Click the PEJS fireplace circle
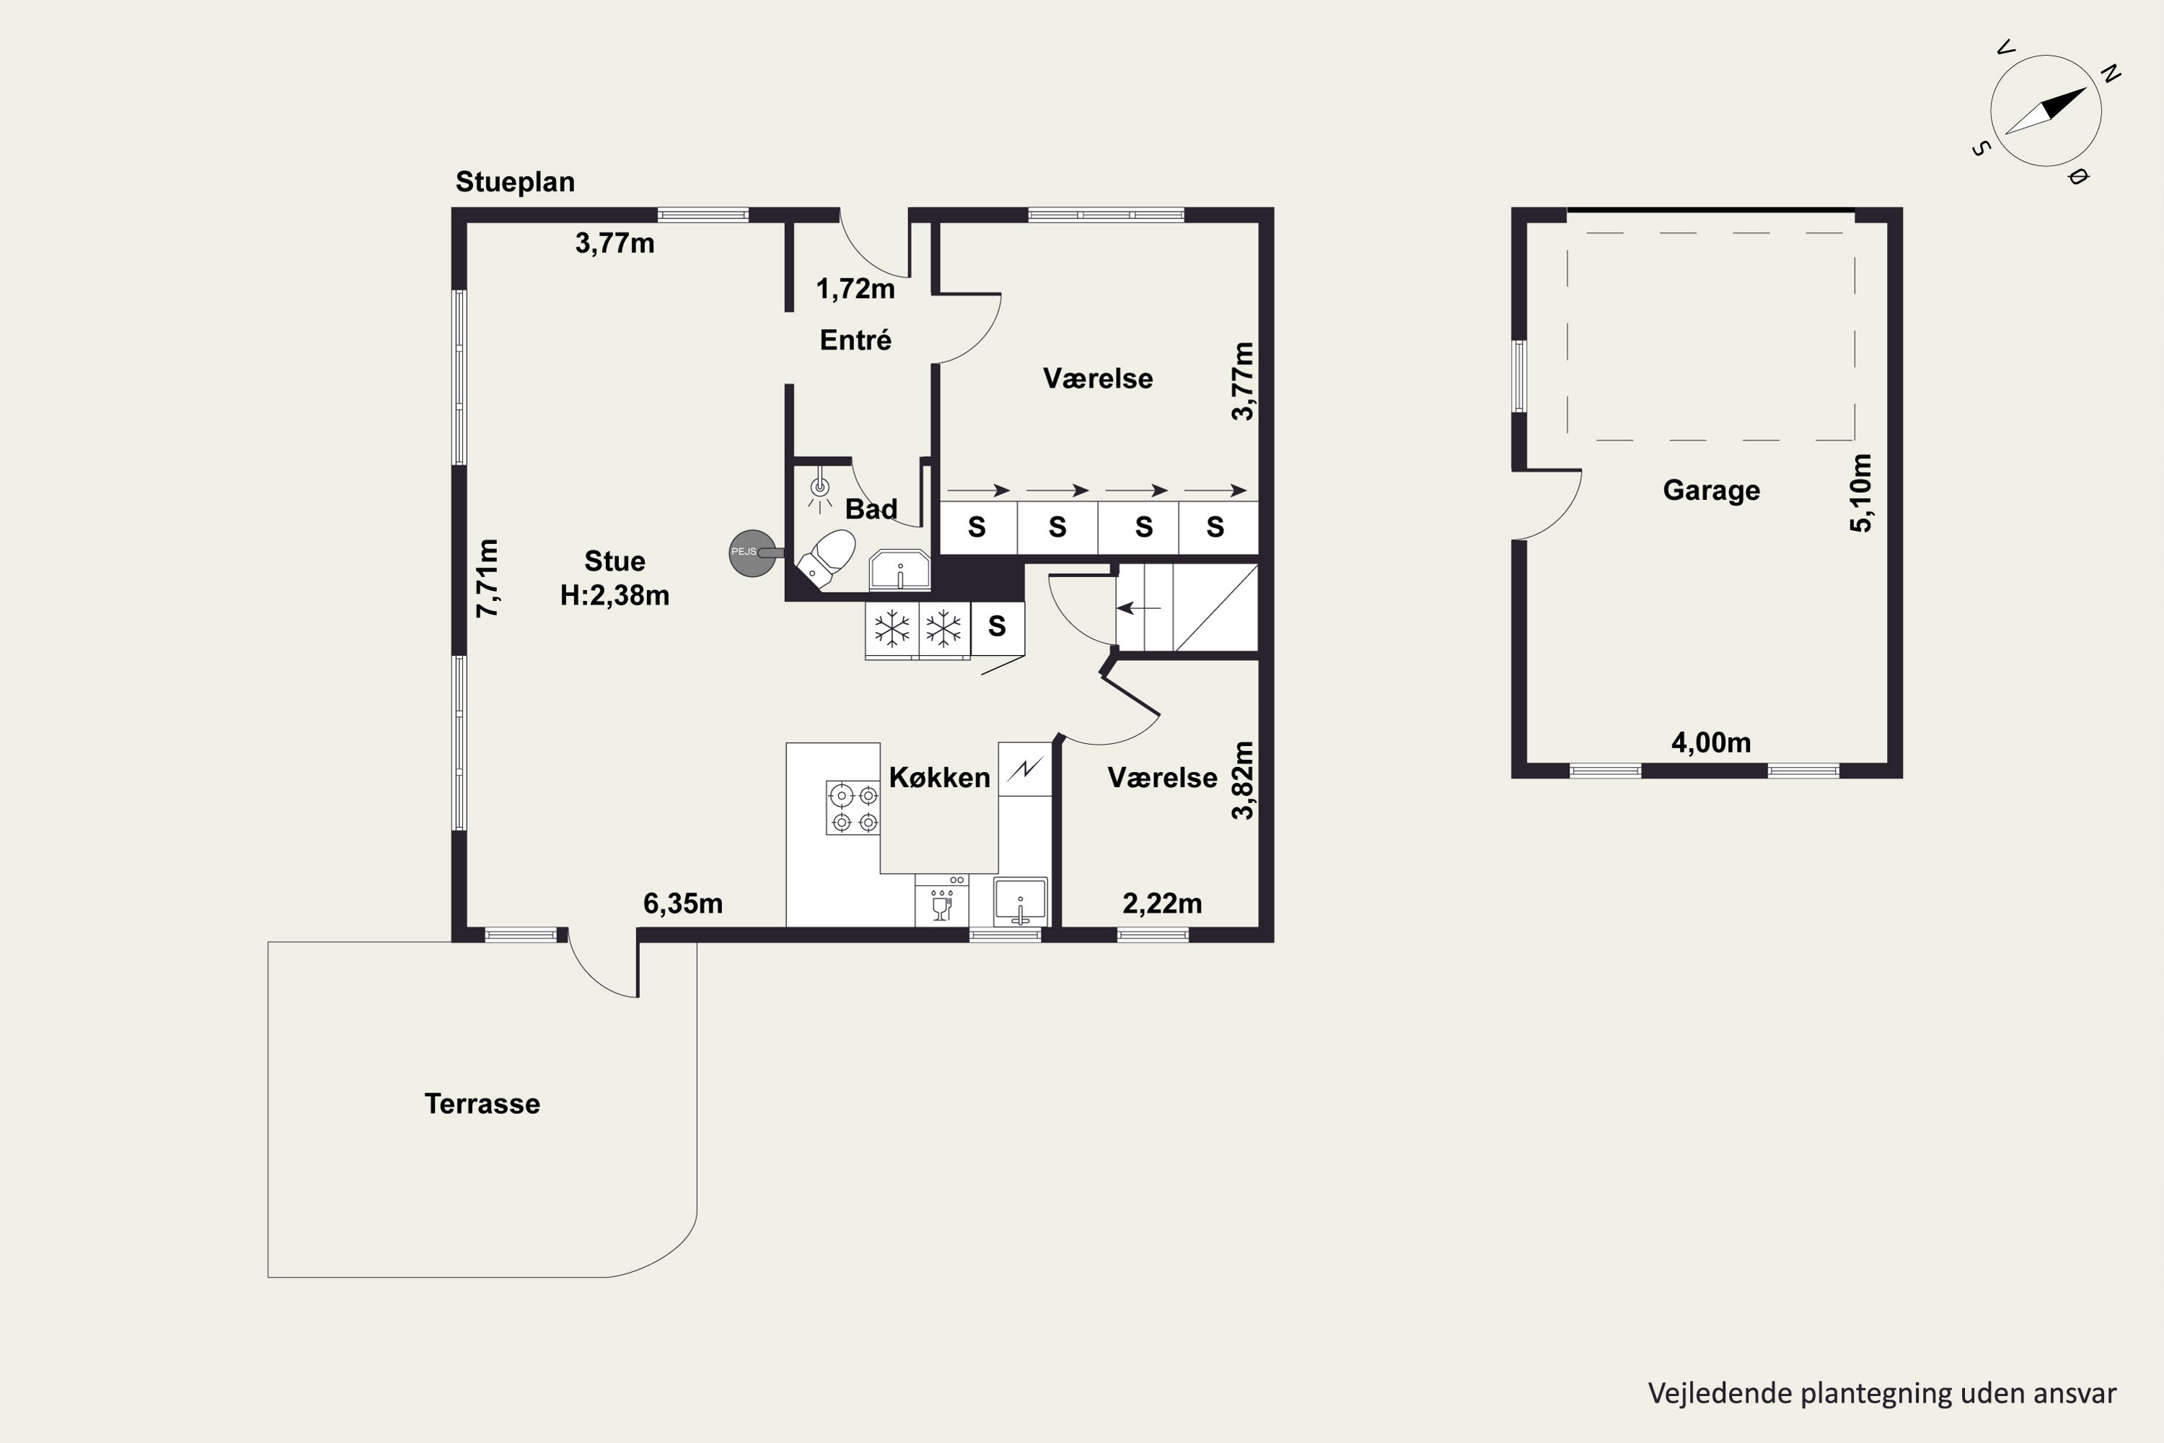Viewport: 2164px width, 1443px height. [x=752, y=553]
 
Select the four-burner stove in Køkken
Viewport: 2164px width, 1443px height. [x=853, y=807]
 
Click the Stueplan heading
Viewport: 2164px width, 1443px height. [x=515, y=183]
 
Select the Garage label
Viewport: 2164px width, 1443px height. [x=1711, y=491]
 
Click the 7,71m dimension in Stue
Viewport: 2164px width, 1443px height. [x=488, y=578]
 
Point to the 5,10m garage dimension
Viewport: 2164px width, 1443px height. [x=1860, y=494]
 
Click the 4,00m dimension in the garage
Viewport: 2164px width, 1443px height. [x=1711, y=742]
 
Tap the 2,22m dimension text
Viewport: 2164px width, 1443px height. [x=1162, y=904]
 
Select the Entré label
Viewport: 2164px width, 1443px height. [x=856, y=341]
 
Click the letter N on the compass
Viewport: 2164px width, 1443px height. [x=2111, y=74]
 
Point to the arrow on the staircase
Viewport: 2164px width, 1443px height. [x=1138, y=608]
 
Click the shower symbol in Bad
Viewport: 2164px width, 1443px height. [x=819, y=491]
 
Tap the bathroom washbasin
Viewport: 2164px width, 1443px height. [x=900, y=571]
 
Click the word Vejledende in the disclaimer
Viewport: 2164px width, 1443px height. [x=1720, y=1393]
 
